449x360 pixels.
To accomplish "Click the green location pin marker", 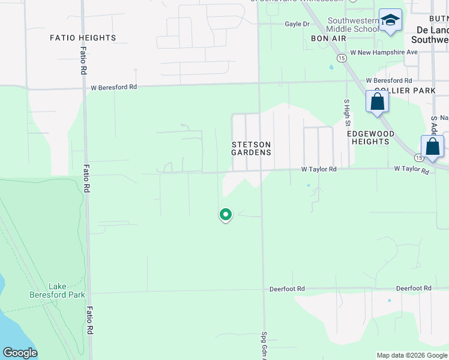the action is tap(225, 214).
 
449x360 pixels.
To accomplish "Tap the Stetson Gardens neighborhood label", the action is tap(252, 148).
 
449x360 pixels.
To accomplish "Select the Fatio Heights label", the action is tap(83, 38).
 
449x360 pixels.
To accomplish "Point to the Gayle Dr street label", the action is tap(297, 24).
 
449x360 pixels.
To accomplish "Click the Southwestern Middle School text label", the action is tap(354, 24).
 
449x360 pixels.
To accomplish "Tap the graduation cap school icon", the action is tap(390, 20).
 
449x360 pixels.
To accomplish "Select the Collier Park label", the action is tap(396, 91).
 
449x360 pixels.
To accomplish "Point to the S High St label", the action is tap(347, 112).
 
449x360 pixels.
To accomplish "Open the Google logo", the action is tap(20, 353).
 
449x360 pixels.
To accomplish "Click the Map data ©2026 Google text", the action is tap(412, 355).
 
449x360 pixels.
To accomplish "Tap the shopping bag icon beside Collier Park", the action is tap(377, 101).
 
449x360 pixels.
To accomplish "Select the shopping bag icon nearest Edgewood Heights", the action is tap(432, 147).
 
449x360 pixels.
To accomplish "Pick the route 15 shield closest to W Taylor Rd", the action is tap(418, 158).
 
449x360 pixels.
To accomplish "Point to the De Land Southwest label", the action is tap(430, 34).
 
